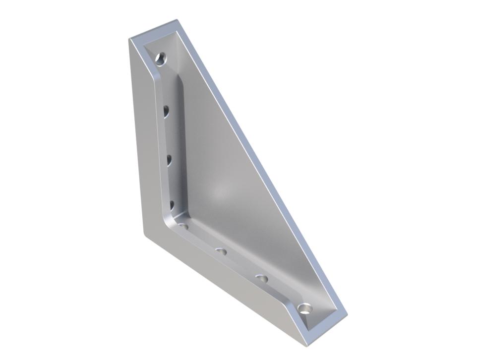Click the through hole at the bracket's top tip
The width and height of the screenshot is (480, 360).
coord(160,59)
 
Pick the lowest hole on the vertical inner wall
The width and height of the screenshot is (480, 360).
coord(172,204)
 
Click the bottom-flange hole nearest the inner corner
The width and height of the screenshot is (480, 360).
coord(184,226)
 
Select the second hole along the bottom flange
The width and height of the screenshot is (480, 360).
coord(222,252)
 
